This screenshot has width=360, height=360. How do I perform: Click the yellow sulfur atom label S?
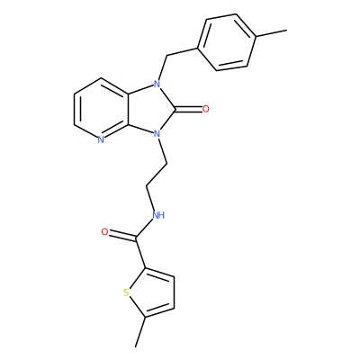tap(127, 292)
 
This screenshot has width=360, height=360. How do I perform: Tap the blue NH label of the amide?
tap(158, 215)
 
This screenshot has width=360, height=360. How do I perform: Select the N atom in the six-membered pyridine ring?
tap(101, 139)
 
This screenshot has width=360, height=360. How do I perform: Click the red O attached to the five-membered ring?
tap(206, 109)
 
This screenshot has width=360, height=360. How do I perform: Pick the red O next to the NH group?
tap(104, 232)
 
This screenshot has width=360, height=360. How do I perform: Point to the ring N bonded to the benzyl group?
tap(157, 85)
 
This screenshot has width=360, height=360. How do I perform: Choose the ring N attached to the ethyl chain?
tap(156, 132)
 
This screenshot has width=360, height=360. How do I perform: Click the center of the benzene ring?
tap(227, 42)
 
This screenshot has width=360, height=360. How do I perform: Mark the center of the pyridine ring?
tap(101, 109)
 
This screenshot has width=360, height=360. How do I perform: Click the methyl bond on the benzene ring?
tap(271, 33)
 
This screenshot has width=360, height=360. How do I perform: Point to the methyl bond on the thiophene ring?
tap(140, 332)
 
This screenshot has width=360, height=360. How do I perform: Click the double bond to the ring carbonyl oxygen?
tap(189, 109)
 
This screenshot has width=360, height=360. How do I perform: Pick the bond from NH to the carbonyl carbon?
tap(145, 229)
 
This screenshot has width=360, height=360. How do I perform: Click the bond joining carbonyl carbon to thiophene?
tap(140, 253)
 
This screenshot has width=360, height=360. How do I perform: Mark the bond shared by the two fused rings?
tap(129, 108)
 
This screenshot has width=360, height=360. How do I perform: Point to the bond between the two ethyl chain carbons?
tap(157, 175)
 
